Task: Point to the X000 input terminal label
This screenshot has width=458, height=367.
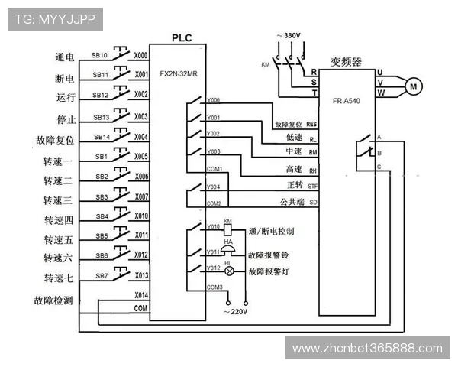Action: tap(141, 56)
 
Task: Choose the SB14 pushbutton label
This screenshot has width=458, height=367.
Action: tap(101, 137)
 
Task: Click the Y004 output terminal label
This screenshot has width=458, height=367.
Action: tap(213, 186)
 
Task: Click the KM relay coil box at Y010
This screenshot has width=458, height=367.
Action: tap(227, 228)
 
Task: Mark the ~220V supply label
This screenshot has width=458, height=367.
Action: tap(236, 312)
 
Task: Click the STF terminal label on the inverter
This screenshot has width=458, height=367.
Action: tap(312, 185)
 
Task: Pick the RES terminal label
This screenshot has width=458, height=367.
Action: tap(311, 123)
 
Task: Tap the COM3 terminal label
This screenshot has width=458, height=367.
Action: tap(214, 287)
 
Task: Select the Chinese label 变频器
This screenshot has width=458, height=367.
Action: tap(346, 61)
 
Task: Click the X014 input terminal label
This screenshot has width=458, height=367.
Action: tap(141, 294)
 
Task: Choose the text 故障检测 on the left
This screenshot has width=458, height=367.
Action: tap(53, 300)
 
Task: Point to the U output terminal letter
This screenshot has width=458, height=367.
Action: tap(379, 72)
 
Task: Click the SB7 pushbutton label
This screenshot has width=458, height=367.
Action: tap(101, 275)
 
